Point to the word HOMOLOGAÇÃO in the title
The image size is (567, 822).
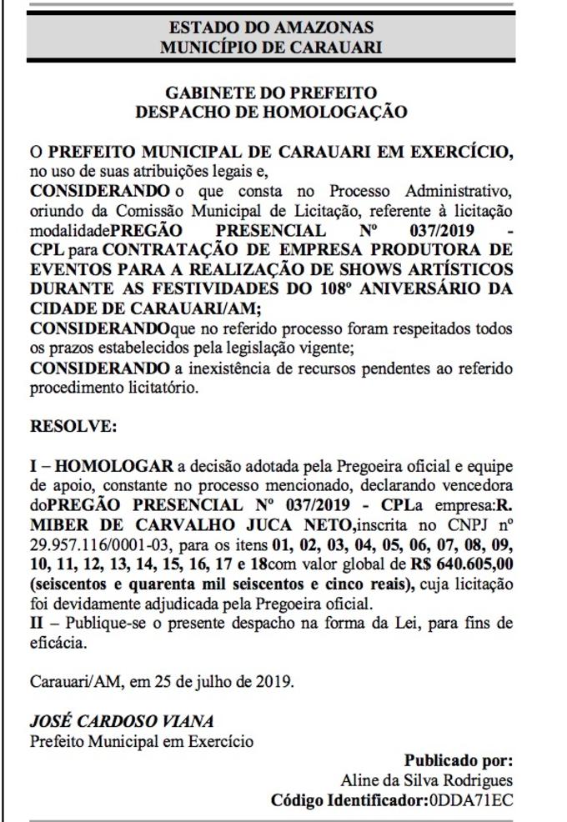[334, 109]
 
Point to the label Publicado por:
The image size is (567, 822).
[458, 760]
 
